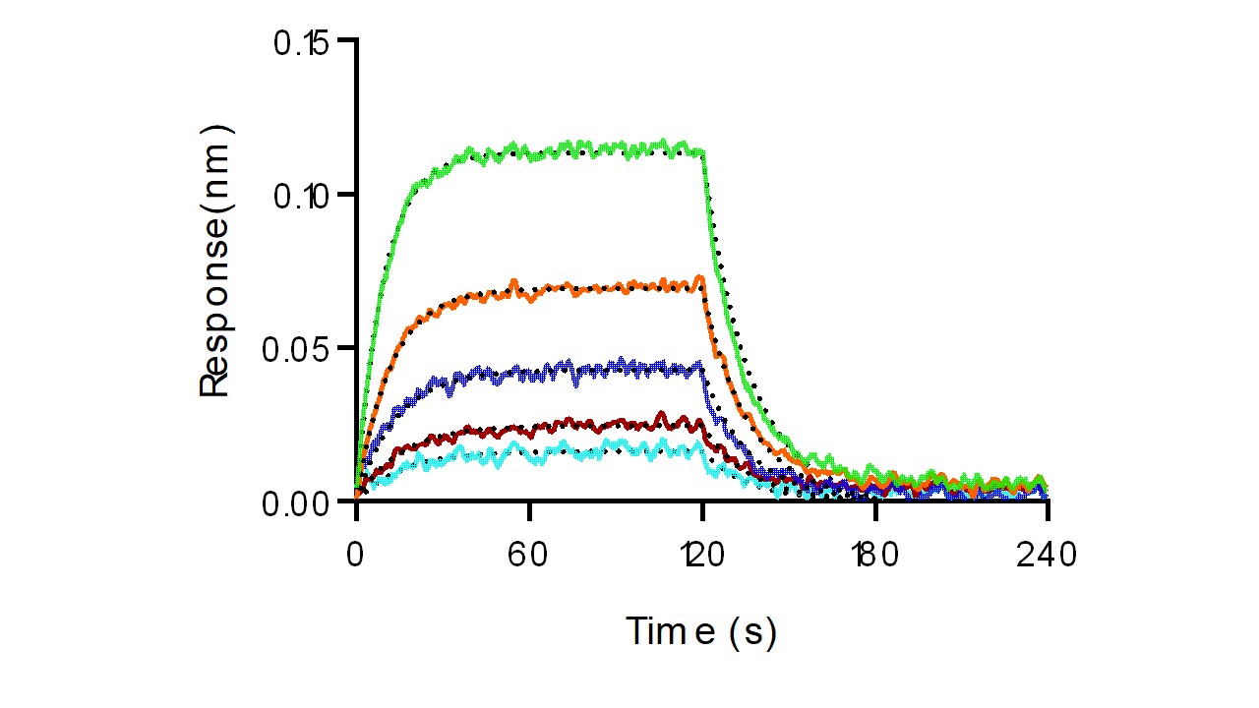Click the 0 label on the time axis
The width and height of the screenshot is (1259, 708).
pos(356,557)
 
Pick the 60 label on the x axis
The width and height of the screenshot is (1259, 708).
pos(529,557)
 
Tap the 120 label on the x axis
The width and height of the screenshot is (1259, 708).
pos(701,557)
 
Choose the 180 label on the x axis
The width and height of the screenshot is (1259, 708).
pos(874,557)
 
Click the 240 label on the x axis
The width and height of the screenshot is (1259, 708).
pos(1048,557)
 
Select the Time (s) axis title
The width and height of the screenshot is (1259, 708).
pos(701,631)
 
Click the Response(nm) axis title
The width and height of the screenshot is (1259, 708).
pos(215,261)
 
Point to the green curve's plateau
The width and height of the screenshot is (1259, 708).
pos(590,150)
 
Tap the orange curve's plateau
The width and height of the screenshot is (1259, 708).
pos(590,288)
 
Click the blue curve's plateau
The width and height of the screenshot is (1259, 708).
pos(590,371)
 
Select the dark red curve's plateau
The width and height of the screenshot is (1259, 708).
pos(590,426)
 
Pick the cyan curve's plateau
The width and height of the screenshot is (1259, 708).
pos(590,451)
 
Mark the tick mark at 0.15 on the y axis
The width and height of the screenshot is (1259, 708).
pos(346,40)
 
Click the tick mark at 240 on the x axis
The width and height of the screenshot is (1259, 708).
pos(1048,510)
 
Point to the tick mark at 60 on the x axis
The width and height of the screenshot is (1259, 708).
pos(529,510)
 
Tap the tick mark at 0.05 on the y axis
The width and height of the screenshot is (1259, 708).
pos(346,348)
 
